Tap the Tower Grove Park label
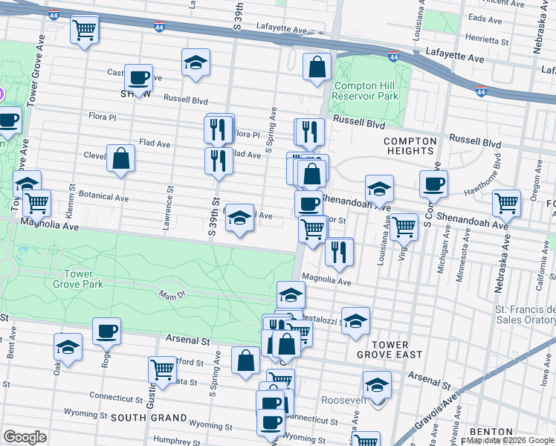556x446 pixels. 83,279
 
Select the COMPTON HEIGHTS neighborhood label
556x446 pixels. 409,146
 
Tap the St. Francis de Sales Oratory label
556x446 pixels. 525,314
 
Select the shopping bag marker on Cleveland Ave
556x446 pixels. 120,158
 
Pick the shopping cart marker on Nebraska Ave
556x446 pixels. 506,202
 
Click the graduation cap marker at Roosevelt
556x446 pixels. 378,385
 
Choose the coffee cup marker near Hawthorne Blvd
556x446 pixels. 433,183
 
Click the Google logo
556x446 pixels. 25,437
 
